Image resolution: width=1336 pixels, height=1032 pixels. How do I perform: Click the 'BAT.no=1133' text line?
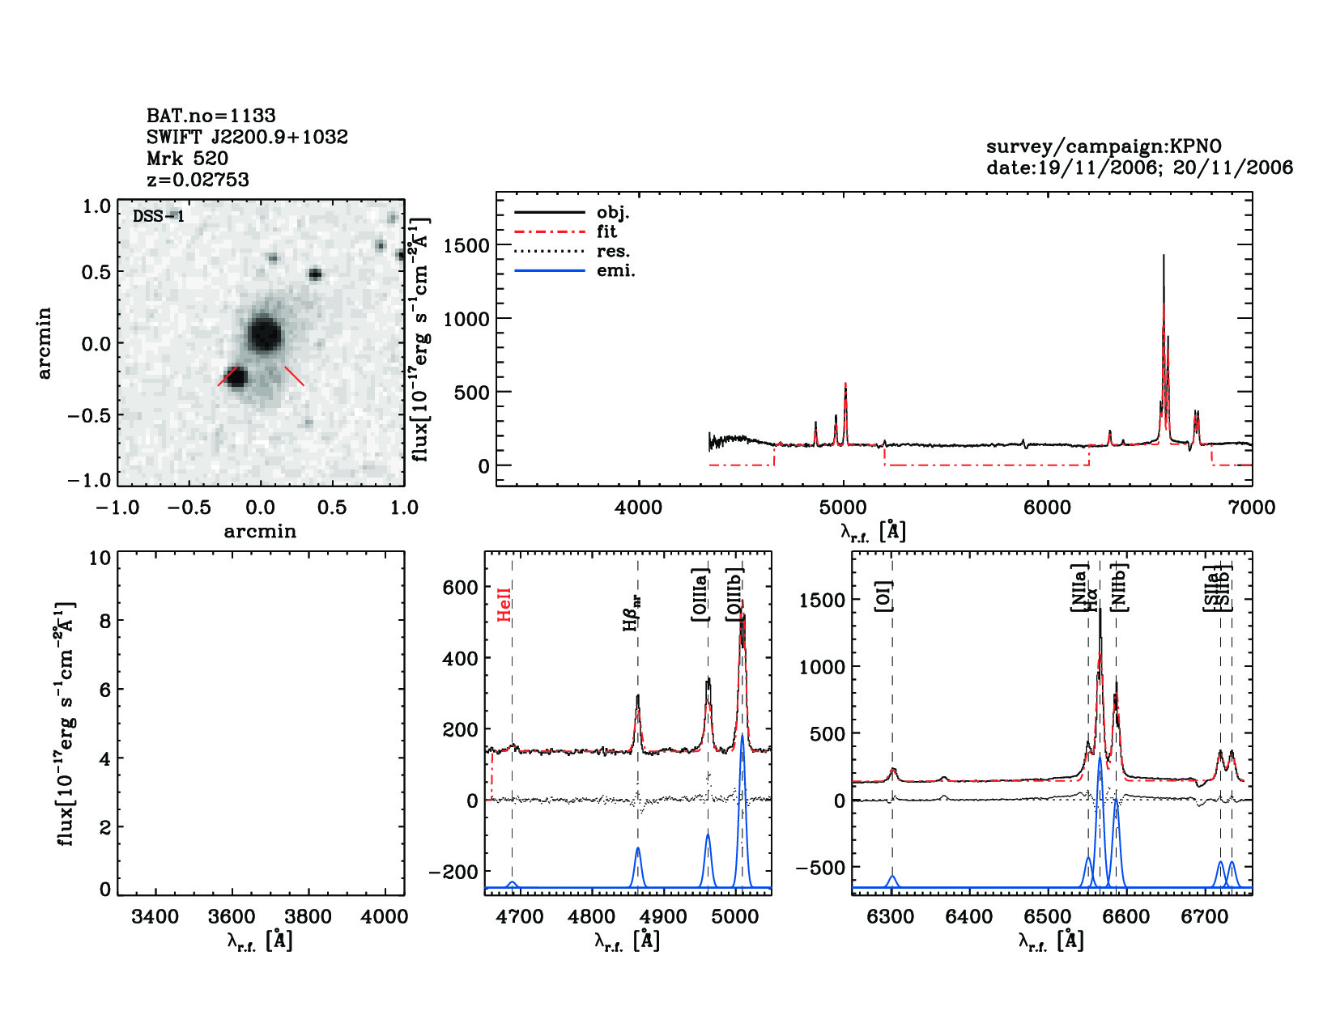211,116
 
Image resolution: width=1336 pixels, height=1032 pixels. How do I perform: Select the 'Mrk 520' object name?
187,159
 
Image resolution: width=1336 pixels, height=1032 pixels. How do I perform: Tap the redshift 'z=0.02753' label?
198,180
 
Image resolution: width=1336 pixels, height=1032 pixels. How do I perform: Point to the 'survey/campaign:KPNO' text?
1103,147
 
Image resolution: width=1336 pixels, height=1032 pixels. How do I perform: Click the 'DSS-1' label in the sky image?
159,216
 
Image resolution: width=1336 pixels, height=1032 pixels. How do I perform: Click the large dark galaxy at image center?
264,333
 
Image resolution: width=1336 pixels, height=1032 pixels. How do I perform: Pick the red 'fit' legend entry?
606,231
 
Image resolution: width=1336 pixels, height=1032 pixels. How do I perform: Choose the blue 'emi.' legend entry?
615,270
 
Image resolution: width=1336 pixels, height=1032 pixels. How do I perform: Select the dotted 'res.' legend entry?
613,251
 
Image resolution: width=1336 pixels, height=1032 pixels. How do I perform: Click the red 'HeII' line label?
504,605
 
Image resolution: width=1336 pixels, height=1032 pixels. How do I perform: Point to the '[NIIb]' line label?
1120,585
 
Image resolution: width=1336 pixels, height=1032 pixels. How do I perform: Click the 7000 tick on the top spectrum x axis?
1252,508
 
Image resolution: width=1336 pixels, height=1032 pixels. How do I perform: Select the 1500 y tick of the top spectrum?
466,245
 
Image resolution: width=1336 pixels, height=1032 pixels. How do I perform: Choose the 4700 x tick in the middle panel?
520,916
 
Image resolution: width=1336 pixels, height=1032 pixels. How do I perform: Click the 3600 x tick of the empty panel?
232,916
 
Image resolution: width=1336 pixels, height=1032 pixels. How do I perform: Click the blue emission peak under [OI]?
892,877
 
